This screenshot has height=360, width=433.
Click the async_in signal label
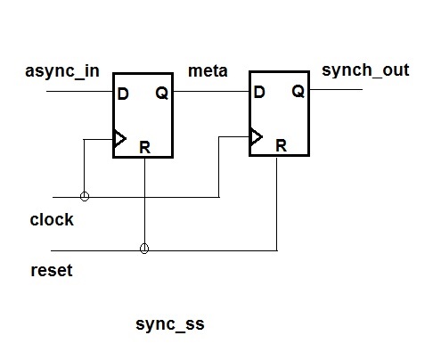tap(62, 72)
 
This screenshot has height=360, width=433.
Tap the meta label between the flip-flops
tap(208, 71)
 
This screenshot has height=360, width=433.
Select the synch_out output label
tap(365, 70)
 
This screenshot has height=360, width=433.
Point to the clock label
tap(52, 220)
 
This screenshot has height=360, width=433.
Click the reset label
tap(52, 270)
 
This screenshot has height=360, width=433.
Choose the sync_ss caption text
tap(170, 324)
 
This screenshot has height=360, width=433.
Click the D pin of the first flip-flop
tap(123, 94)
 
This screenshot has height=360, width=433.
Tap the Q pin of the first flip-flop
tap(162, 94)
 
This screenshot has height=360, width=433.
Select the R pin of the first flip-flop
tap(145, 147)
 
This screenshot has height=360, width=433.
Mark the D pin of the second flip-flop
tap(259, 92)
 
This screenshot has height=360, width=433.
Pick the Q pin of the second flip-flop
tap(298, 92)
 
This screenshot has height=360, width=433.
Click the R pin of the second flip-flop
tap(282, 145)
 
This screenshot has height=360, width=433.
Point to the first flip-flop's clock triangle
tap(120, 139)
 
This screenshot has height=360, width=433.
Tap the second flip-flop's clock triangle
tap(257, 137)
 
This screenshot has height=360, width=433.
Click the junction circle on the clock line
tap(85, 196)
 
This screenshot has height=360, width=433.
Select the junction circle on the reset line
tap(144, 249)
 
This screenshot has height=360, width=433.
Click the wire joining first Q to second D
tap(211, 91)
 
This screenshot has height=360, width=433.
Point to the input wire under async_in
tap(79, 91)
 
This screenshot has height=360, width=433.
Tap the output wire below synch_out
tap(336, 89)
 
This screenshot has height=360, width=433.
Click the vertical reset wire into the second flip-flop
tap(277, 204)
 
